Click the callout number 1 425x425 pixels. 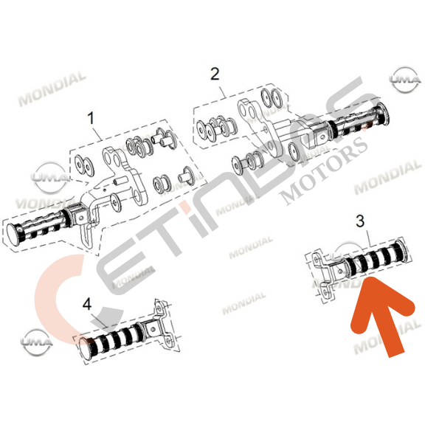tap(91, 118)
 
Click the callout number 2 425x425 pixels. tap(215, 74)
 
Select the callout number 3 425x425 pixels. tap(360, 221)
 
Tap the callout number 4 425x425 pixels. tap(87, 304)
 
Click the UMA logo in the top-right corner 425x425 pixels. tap(405, 80)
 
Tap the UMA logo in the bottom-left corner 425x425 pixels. tap(36, 342)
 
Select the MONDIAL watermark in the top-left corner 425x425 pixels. tap(52, 89)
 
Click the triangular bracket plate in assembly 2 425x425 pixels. tap(260, 128)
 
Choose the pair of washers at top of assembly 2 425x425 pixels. tap(272, 97)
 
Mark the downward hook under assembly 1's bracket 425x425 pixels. tap(86, 235)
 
